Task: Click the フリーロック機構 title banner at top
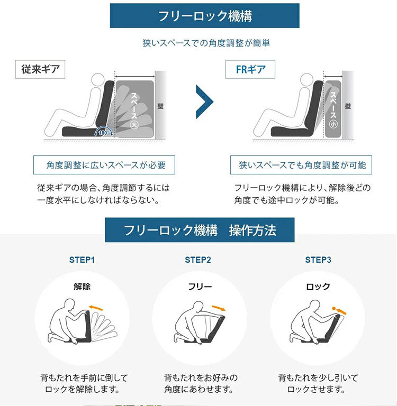coord(205,15)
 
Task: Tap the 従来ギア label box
coord(40,69)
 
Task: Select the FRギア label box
coord(250,69)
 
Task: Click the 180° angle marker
coord(103,132)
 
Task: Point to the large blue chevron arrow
coord(204,101)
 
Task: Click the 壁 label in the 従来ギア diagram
coord(160,106)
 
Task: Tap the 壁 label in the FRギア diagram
coord(348,106)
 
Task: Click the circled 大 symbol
coord(134,125)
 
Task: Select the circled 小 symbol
coord(333,125)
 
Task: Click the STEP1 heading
coord(82,260)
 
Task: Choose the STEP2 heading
coord(198,260)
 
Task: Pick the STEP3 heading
coord(318,260)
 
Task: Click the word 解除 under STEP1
coord(82,287)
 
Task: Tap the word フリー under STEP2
coord(200,287)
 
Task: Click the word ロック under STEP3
coord(318,287)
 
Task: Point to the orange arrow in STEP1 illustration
coord(96,308)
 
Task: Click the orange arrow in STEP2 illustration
coord(219,308)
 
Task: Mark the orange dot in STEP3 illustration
coord(333,308)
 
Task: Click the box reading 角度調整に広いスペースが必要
coord(104,165)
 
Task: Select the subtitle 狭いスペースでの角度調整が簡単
coord(206,43)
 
